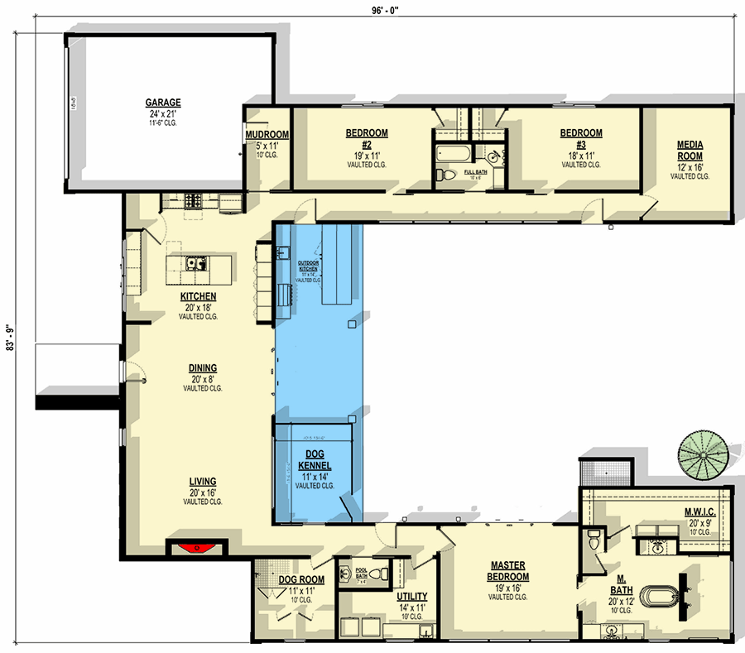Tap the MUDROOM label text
267,136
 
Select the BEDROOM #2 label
366,138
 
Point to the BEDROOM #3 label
581,138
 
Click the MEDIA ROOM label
689,150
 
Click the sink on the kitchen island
196,265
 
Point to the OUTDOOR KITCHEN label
308,266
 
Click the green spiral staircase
704,456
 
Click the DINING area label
202,368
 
